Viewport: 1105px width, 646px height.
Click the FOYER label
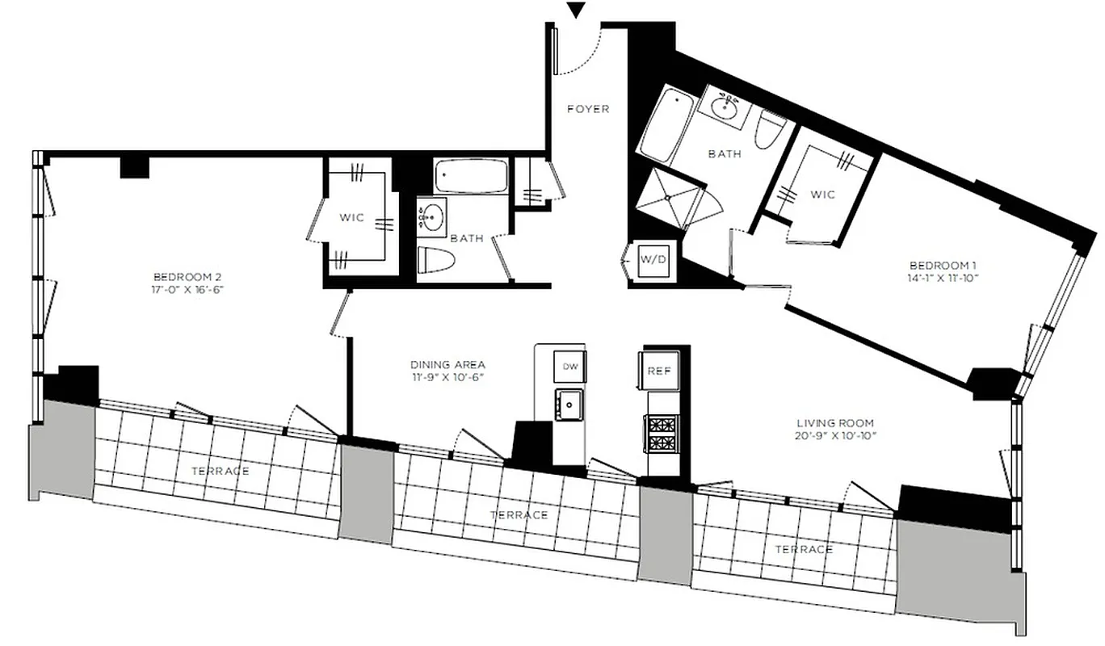(587, 109)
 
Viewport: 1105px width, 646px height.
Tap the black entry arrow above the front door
(575, 10)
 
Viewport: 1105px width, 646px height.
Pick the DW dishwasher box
(570, 367)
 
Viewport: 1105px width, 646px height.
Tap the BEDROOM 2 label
(186, 274)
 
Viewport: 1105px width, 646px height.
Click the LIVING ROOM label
(835, 422)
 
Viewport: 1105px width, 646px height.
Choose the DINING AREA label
(447, 365)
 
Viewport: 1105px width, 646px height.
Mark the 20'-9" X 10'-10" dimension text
(835, 435)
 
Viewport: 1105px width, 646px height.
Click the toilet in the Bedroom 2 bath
(436, 260)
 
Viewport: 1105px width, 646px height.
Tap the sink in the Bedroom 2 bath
(435, 217)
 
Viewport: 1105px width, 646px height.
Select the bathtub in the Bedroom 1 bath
(666, 126)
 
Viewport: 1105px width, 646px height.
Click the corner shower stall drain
(668, 196)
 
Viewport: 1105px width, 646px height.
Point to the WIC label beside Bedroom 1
(822, 195)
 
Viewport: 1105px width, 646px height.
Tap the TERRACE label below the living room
(804, 549)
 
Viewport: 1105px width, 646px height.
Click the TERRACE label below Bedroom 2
(220, 471)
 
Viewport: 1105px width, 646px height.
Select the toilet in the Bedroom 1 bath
(771, 128)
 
